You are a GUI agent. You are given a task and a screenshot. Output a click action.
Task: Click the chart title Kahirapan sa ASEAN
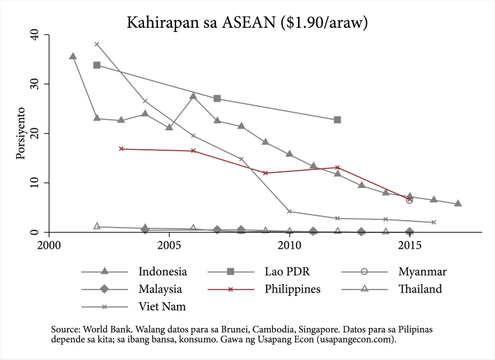pos(247,23)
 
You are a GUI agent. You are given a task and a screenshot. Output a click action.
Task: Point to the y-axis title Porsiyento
pos(21,133)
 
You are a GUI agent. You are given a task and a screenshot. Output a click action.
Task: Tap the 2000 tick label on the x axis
pos(49,246)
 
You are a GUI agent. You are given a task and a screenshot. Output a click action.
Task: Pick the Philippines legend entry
pos(292,288)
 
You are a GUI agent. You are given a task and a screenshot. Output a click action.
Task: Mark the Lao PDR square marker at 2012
pos(338,120)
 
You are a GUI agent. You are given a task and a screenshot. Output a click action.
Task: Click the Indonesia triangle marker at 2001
pos(72,56)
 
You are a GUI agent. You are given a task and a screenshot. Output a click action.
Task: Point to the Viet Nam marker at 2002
pos(97,44)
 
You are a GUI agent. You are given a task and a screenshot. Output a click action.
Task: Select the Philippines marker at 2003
pos(121,148)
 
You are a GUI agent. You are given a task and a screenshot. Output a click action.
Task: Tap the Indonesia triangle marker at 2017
pos(457,203)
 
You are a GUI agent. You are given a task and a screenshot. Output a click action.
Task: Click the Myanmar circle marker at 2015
pos(409,200)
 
